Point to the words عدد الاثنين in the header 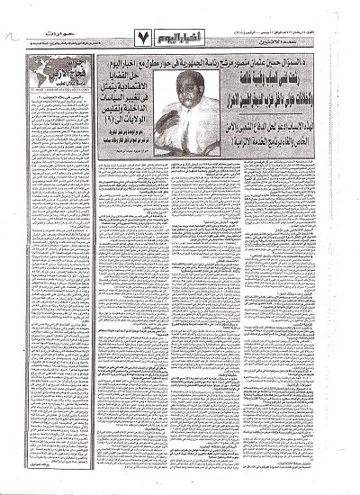[229, 39]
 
